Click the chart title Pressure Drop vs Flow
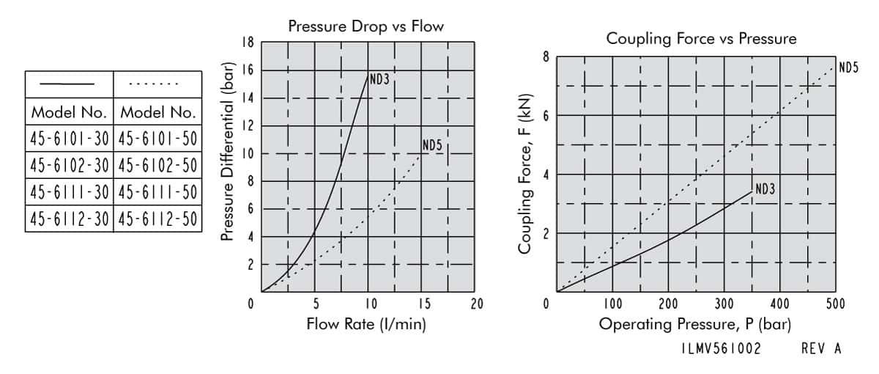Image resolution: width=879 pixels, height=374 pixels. pyautogui.click(x=366, y=27)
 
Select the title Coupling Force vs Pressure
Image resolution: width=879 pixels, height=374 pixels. pyautogui.click(x=701, y=39)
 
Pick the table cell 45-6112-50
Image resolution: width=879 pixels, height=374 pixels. pyautogui.click(x=157, y=218)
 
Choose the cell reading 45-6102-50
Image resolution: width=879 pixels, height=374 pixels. pyautogui.click(x=157, y=166)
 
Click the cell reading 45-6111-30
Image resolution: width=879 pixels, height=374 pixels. pyautogui.click(x=70, y=192)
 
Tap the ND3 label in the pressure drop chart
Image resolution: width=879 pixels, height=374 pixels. pyautogui.click(x=379, y=80)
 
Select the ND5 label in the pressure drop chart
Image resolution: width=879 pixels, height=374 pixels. pyautogui.click(x=432, y=146)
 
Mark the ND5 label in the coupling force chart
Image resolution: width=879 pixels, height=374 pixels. pyautogui.click(x=848, y=68)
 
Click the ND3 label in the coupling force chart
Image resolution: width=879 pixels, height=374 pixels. pyautogui.click(x=765, y=190)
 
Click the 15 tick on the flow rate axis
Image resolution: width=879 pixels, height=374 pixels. pyautogui.click(x=423, y=304)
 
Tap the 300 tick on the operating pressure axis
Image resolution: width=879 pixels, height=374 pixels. pyautogui.click(x=724, y=304)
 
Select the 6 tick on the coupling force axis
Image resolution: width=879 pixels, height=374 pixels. pyautogui.click(x=546, y=116)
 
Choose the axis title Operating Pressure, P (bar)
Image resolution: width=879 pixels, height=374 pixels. pyautogui.click(x=694, y=323)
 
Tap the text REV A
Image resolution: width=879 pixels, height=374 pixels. pyautogui.click(x=821, y=350)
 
